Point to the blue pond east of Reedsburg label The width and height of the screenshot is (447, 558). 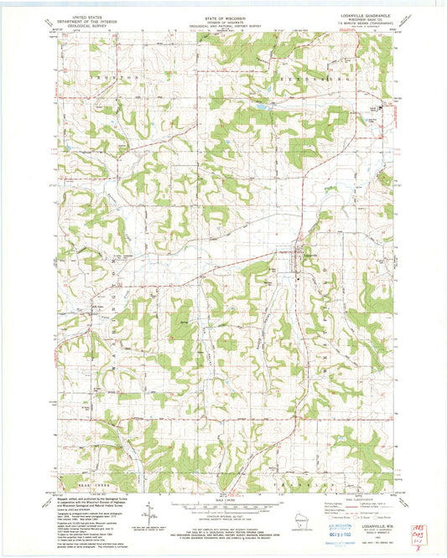pyautogui.click(x=262, y=107)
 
